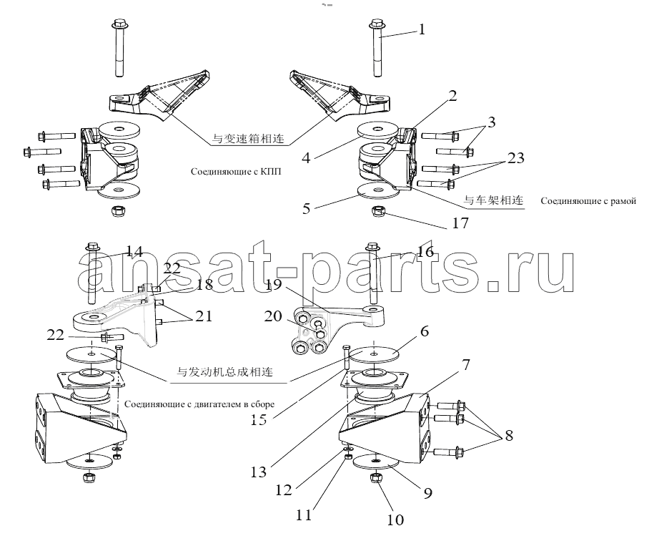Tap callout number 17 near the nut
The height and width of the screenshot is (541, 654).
(x=460, y=223)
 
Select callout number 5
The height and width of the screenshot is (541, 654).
(x=307, y=210)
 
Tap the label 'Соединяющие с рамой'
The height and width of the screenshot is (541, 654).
(x=588, y=201)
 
